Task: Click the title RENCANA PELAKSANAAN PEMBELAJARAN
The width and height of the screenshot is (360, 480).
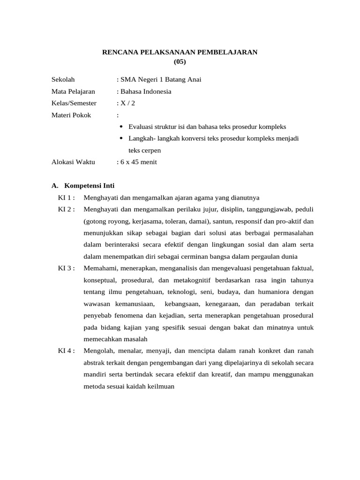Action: [180, 52]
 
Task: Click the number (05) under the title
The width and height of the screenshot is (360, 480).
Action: [180, 61]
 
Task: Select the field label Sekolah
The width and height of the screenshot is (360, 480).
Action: [63, 79]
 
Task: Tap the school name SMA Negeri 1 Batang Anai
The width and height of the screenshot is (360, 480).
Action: [161, 79]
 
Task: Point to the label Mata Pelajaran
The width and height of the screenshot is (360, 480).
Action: [73, 91]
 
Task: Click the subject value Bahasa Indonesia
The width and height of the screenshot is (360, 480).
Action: [146, 91]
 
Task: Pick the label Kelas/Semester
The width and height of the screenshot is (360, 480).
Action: [74, 103]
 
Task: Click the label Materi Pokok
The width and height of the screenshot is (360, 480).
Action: [71, 115]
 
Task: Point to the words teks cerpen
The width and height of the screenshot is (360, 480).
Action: [144, 150]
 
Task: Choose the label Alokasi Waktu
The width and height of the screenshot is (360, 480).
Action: [73, 162]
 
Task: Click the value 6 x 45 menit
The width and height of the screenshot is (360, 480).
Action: [138, 162]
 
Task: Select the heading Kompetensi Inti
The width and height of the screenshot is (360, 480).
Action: [90, 186]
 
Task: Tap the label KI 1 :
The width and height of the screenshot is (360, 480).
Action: [67, 197]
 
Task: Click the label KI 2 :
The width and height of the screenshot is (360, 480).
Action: [67, 209]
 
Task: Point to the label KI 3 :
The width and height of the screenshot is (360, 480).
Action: [67, 268]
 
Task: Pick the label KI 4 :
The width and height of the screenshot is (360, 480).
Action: [67, 351]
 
